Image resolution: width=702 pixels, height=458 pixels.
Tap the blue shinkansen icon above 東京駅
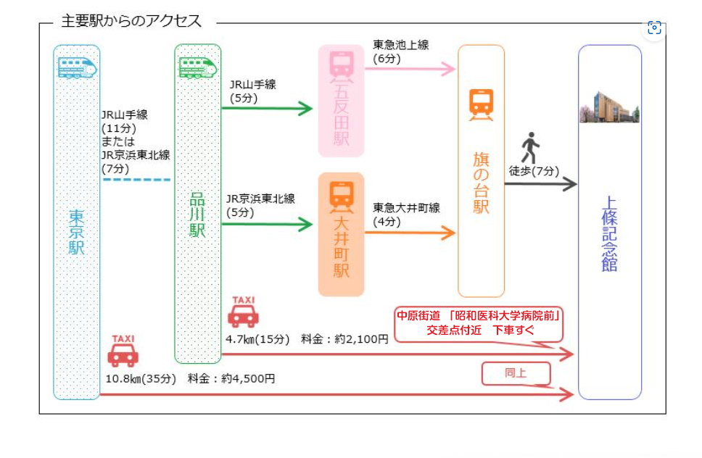76,67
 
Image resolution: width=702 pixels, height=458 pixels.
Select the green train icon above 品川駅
197,67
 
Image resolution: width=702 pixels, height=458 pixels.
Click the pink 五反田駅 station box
341,101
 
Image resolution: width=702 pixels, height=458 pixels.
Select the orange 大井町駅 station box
341,234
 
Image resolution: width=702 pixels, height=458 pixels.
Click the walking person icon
531,148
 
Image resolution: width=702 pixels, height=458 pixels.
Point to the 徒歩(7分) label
534,171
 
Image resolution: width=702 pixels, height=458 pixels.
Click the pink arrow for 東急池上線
410,70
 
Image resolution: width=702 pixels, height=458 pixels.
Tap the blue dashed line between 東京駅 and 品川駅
136,179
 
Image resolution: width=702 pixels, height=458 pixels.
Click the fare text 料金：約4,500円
231,378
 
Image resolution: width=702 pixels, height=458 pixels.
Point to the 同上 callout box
516,374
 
